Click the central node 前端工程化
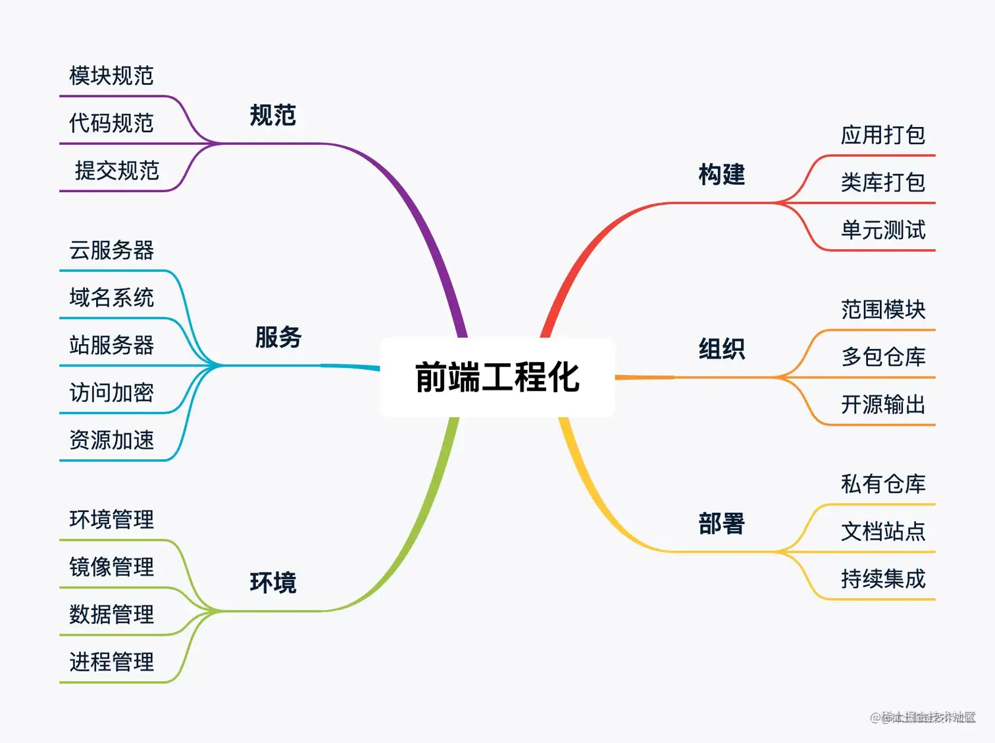pos(497,377)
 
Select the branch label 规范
pos(273,116)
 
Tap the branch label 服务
pos(278,338)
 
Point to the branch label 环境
pos(273,583)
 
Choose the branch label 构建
pos(722,175)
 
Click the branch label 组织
pos(722,349)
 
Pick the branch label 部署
pos(722,524)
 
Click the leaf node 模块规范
pos(112,76)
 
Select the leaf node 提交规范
pos(117,170)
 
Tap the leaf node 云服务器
pos(112,250)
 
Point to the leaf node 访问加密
pos(112,393)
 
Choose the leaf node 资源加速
pos(112,440)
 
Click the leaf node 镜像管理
pos(112,567)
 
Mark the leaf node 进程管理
pos(112,661)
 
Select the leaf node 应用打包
pos(883,135)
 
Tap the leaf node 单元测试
pos(883,230)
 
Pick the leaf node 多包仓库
pos(883,357)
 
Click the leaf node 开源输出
pos(883,404)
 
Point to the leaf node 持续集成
pos(883,579)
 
